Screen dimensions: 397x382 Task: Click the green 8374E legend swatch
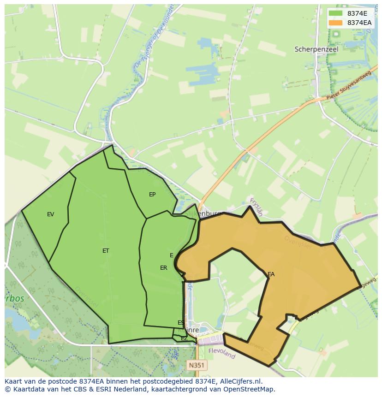pyautogui.click(x=335, y=13)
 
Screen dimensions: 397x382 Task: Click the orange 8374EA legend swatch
pyautogui.click(x=335, y=23)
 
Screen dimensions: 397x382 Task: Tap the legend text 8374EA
pyautogui.click(x=359, y=23)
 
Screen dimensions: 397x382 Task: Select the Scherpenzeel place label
pyautogui.click(x=316, y=49)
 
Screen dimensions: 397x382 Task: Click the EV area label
pyautogui.click(x=51, y=214)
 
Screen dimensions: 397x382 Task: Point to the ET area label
pyautogui.click(x=106, y=251)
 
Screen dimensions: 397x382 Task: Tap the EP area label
pyautogui.click(x=152, y=195)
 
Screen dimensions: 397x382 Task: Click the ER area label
pyautogui.click(x=164, y=268)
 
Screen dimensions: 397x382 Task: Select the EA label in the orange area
pyautogui.click(x=271, y=274)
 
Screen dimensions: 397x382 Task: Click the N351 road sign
pyautogui.click(x=197, y=365)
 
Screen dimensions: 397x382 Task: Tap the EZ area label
pyautogui.click(x=184, y=338)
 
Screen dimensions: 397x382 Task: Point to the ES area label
pyautogui.click(x=181, y=323)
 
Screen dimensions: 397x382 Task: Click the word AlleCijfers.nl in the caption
pyautogui.click(x=241, y=381)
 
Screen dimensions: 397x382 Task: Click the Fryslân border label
pyautogui.click(x=256, y=207)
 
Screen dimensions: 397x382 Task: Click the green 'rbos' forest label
pyautogui.click(x=14, y=298)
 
